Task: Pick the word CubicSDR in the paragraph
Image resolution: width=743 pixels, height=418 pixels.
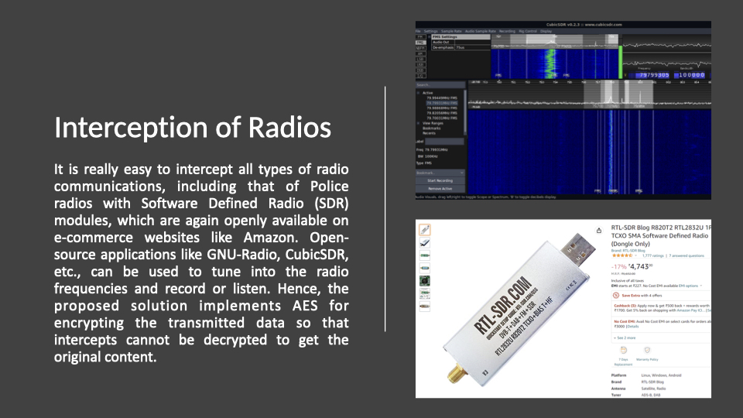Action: pos(316,255)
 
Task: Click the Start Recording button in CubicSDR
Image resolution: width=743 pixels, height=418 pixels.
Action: pos(440,180)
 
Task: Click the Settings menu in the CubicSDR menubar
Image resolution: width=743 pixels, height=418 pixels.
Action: pos(430,31)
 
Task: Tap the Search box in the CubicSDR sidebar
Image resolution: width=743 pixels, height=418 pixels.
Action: pos(440,85)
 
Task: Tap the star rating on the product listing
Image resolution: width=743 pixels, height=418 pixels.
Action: pos(622,254)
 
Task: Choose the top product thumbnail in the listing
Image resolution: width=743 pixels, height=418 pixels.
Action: pos(424,230)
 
